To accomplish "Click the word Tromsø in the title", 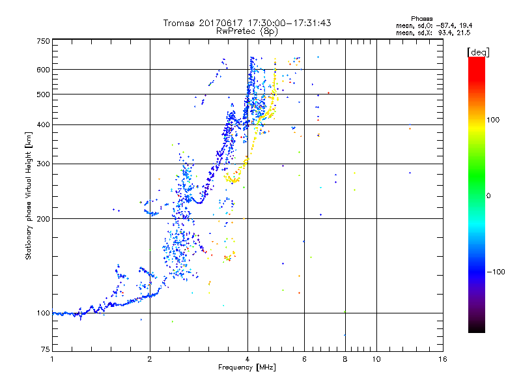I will [179, 23].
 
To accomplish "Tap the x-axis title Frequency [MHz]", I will [247, 368].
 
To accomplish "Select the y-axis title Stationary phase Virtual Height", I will [29, 195].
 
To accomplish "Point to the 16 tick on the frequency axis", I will [442, 359].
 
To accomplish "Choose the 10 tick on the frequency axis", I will [376, 359].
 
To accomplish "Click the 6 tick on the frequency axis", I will [304, 359].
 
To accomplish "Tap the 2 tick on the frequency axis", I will [150, 359].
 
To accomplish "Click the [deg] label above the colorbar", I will [478, 51].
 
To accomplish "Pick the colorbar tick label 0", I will [490, 195].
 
